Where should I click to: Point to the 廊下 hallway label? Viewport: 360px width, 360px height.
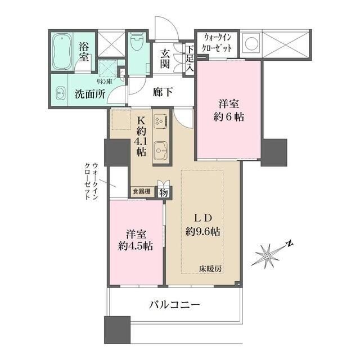point(163,93)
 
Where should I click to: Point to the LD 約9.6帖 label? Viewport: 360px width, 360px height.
point(203,224)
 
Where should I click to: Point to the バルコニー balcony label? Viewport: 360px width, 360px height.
point(175,305)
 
